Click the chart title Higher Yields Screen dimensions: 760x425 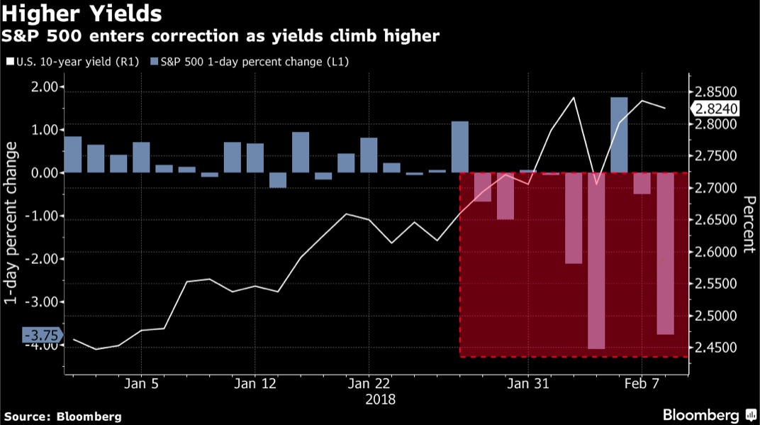pos(81,13)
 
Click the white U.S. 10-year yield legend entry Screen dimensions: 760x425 pos(73,62)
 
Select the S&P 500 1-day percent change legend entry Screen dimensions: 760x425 pos(250,62)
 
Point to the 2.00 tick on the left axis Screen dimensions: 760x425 pos(44,87)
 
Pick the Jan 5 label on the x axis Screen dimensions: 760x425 pos(141,384)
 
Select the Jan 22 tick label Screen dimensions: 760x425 pos(369,384)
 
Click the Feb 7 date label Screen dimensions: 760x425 pos(642,384)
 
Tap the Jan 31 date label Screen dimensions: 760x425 pos(528,384)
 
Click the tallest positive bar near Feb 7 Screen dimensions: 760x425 pos(619,135)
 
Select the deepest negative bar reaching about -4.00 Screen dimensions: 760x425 pos(596,260)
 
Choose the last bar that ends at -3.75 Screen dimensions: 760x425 pos(665,253)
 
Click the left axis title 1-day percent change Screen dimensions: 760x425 pos(11,223)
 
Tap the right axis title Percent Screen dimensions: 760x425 pos(749,224)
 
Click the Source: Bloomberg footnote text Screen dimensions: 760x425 pos(63,416)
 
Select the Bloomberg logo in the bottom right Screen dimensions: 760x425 pos(710,415)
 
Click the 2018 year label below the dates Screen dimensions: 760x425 pos(381,399)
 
